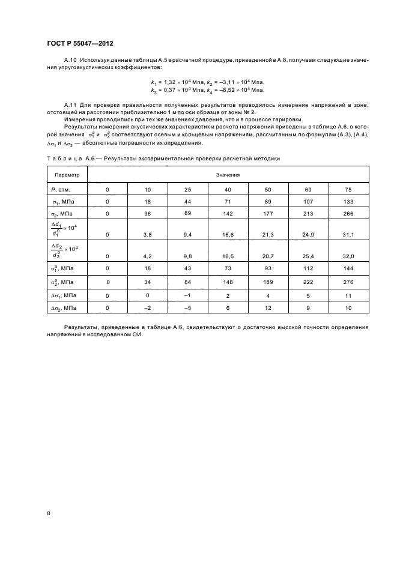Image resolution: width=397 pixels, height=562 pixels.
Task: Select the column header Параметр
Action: click(67, 175)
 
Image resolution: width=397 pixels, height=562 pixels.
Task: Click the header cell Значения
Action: click(228, 175)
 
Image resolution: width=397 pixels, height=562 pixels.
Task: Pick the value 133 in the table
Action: click(349, 202)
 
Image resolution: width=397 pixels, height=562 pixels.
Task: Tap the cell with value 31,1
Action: click(349, 235)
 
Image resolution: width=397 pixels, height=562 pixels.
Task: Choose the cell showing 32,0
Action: click(349, 256)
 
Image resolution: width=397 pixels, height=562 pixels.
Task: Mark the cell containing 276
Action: click(349, 282)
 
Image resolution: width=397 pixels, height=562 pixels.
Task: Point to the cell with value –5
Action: click(188, 308)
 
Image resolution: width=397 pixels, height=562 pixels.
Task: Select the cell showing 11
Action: click(349, 295)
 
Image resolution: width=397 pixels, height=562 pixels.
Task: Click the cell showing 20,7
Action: click(268, 256)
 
